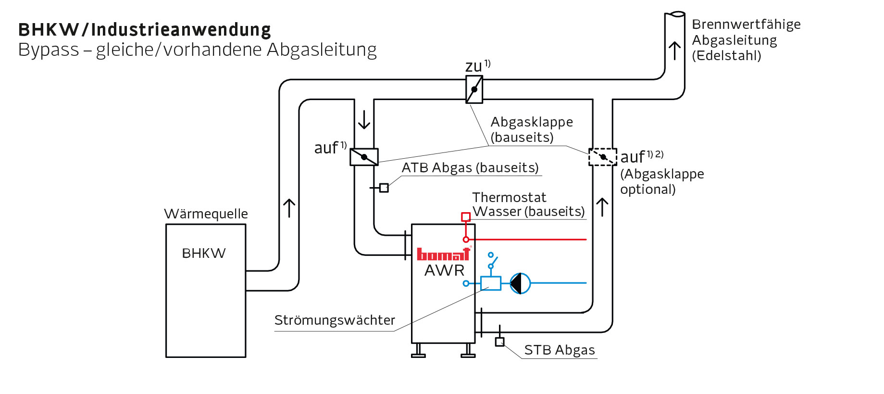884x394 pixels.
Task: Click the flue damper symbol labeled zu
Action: (474, 89)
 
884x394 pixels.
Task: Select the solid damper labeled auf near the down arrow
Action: (364, 157)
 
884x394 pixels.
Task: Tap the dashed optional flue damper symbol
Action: (603, 157)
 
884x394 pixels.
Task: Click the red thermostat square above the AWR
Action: (465, 217)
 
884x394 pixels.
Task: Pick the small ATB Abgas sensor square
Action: (384, 188)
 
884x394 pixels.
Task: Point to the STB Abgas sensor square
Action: (499, 342)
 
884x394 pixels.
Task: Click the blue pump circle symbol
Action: (520, 283)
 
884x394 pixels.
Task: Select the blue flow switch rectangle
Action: (490, 283)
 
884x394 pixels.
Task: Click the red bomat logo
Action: (443, 254)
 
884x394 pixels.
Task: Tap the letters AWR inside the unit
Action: (444, 271)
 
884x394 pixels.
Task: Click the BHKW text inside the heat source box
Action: (204, 254)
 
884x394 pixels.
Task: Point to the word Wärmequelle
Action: (206, 214)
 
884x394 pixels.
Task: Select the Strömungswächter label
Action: (335, 320)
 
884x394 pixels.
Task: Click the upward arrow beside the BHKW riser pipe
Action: (289, 208)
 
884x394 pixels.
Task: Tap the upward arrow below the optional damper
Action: (602, 207)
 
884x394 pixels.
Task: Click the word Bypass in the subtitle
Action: (49, 50)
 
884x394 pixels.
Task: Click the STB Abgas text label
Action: (560, 350)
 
